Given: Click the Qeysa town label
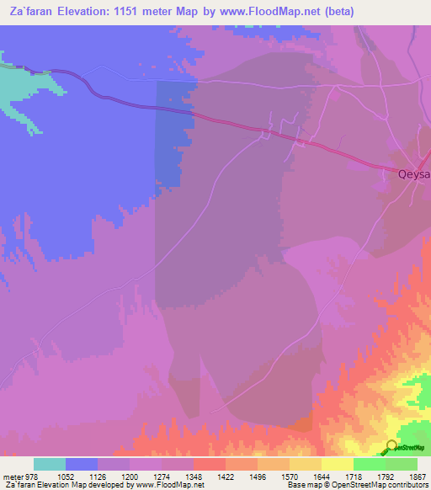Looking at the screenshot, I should click(413, 174).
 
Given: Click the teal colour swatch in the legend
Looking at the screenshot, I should click(50, 463).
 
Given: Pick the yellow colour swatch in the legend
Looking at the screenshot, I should click(337, 463).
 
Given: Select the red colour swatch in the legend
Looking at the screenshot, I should click(209, 463).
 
